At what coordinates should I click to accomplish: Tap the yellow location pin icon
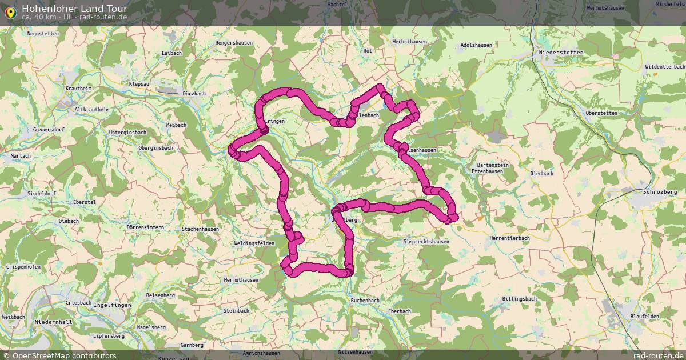point(10,12)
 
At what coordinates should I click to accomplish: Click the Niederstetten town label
point(561,53)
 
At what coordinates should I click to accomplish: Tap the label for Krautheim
point(78,89)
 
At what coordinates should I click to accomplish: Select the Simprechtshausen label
point(426,242)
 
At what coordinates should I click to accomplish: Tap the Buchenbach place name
point(365,300)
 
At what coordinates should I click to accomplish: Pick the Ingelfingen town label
point(112,305)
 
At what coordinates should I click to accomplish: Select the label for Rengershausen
point(234,43)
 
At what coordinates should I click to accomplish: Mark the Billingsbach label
point(519,299)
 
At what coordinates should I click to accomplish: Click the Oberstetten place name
point(601,113)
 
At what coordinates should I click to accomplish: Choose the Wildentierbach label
point(665,67)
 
